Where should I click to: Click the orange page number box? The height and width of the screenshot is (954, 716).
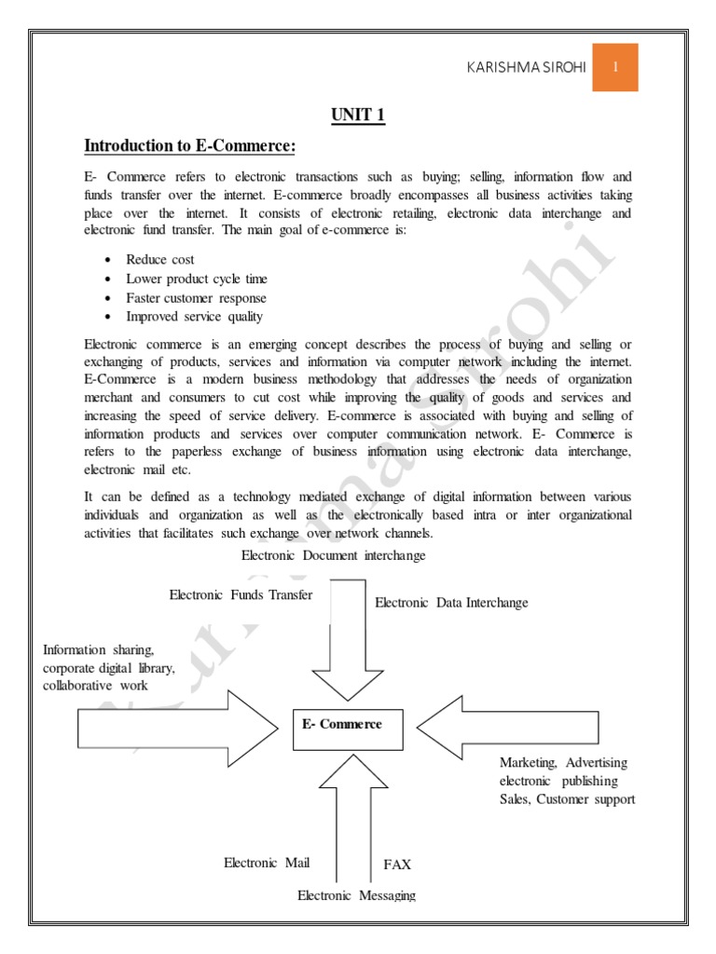click(x=615, y=67)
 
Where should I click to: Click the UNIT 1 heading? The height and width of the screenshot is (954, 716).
click(x=357, y=116)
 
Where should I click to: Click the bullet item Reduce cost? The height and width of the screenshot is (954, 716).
click(x=160, y=260)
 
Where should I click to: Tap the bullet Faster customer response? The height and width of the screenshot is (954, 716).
click(x=196, y=298)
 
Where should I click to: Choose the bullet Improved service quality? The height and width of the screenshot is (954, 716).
click(x=195, y=317)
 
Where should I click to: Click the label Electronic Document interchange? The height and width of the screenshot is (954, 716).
click(x=333, y=555)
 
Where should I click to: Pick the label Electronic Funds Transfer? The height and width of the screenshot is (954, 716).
click(x=241, y=594)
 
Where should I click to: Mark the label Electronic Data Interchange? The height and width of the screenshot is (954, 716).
click(x=451, y=603)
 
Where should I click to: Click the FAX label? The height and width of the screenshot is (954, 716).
click(x=397, y=865)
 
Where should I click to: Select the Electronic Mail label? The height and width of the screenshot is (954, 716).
click(x=267, y=863)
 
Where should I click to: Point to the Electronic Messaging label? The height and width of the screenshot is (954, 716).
click(x=356, y=895)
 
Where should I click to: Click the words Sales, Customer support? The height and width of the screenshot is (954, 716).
click(x=567, y=799)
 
